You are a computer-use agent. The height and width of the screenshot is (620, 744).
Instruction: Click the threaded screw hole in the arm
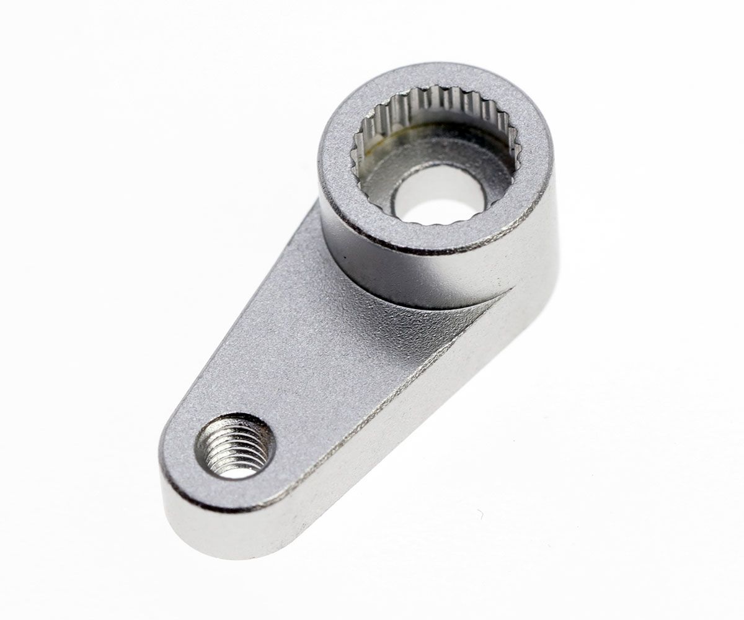point(235,446)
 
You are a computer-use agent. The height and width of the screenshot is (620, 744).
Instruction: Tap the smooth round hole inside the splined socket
point(439,194)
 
